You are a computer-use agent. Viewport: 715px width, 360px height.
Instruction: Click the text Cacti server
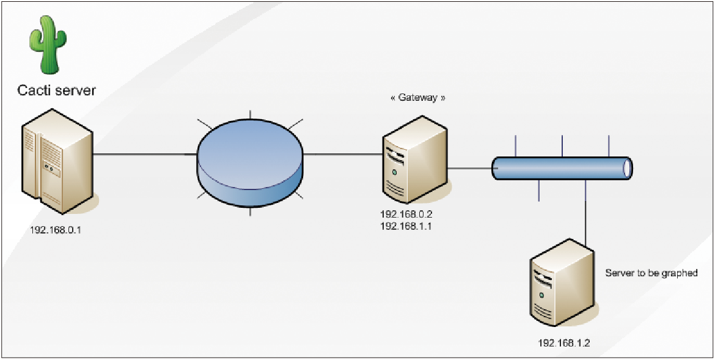point(56,90)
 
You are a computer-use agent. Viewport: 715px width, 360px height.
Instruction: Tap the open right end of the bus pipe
point(626,169)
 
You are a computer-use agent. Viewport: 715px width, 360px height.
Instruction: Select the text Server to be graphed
point(651,273)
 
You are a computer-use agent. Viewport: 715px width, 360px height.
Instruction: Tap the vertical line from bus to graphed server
point(586,214)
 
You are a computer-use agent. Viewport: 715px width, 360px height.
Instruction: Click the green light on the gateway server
point(395,173)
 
